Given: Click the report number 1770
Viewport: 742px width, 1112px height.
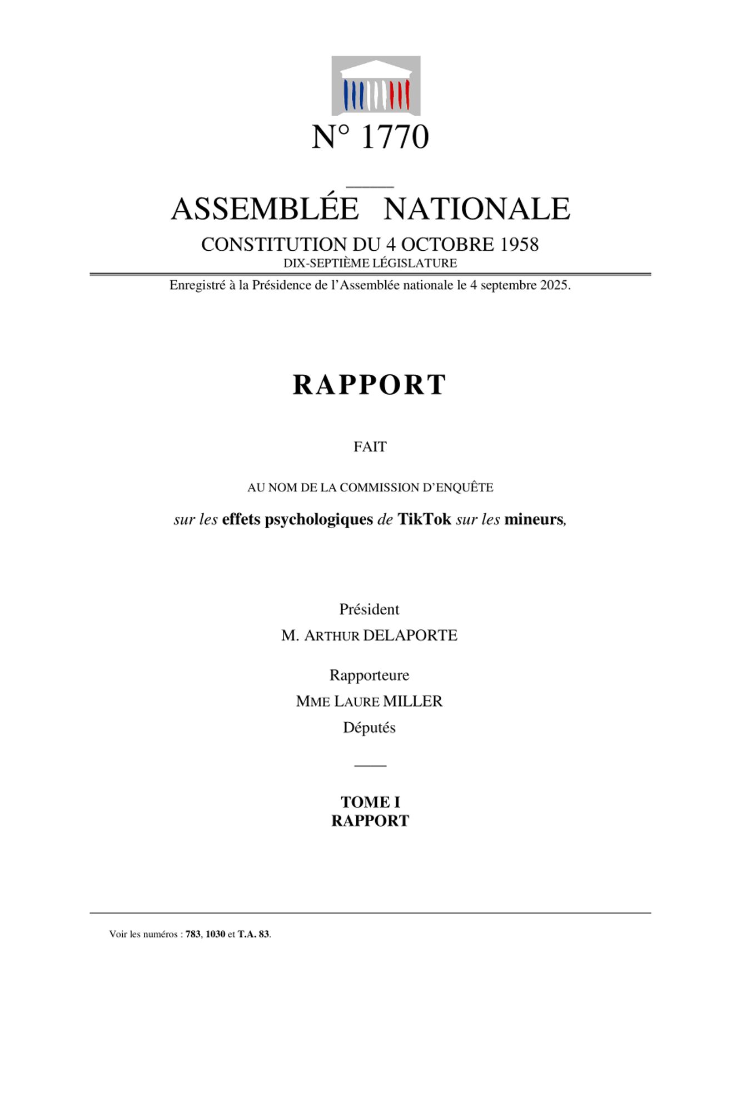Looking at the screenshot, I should (395, 137).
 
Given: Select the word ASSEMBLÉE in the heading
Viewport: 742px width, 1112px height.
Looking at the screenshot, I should (265, 209).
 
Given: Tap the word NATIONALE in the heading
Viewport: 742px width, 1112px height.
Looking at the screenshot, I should (477, 209).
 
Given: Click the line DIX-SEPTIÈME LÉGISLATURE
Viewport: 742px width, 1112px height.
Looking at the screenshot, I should (370, 263).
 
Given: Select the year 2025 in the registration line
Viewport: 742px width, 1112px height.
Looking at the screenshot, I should (552, 285).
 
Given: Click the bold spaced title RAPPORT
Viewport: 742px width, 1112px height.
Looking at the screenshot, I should (370, 385).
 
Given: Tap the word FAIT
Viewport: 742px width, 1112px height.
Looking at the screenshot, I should (370, 447).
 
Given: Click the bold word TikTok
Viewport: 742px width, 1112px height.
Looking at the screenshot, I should (424, 519).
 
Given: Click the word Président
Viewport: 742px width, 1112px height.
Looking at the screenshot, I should (369, 609).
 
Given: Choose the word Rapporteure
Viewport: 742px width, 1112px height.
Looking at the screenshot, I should (369, 675).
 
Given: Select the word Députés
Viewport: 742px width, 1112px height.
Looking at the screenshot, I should (369, 728).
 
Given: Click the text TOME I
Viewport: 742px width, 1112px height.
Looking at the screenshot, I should (370, 802).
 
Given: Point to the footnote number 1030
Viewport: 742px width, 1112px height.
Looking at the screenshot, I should (215, 934).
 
